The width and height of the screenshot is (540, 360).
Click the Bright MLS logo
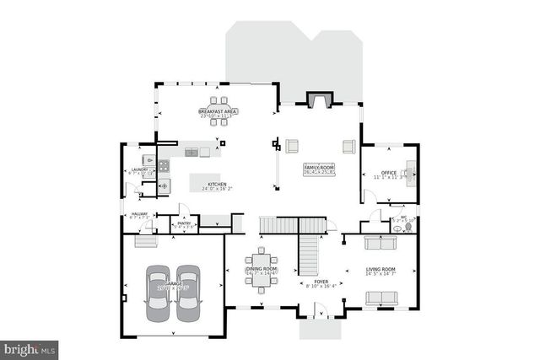30,347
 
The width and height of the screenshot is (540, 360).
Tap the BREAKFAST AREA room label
217,111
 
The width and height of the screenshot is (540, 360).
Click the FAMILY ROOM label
319,169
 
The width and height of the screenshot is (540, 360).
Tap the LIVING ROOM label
380,270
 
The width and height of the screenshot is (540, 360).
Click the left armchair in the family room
293,146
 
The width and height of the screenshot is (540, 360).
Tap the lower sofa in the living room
380,298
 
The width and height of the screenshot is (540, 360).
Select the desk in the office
411,174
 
